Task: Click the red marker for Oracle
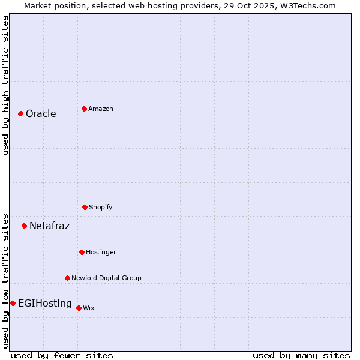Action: tap(20, 113)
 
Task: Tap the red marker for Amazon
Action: tap(84, 109)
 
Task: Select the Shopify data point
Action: tap(85, 207)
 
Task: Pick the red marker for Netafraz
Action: tap(24, 226)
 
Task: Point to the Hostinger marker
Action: tap(82, 252)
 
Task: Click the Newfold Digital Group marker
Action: tap(67, 278)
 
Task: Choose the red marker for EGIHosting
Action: tap(13, 303)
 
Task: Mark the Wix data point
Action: tap(79, 308)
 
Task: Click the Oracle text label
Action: tap(41, 114)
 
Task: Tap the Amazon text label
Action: tap(101, 109)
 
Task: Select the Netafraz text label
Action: tap(49, 226)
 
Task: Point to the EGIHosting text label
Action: tap(45, 304)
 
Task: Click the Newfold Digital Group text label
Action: tap(106, 278)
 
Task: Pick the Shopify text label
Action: tap(101, 208)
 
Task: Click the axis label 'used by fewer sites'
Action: tap(62, 355)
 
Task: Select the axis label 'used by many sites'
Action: tap(301, 355)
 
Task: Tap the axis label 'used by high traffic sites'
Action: tap(5, 86)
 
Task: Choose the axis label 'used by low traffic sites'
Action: tap(5, 280)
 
